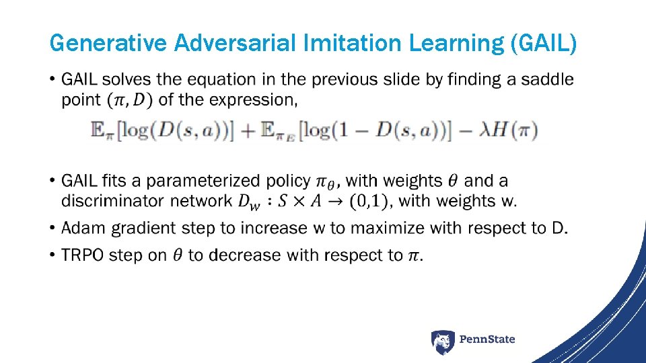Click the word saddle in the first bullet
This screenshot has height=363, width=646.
548,79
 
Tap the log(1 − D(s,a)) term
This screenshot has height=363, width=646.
377,130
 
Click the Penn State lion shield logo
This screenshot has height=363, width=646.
443,342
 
